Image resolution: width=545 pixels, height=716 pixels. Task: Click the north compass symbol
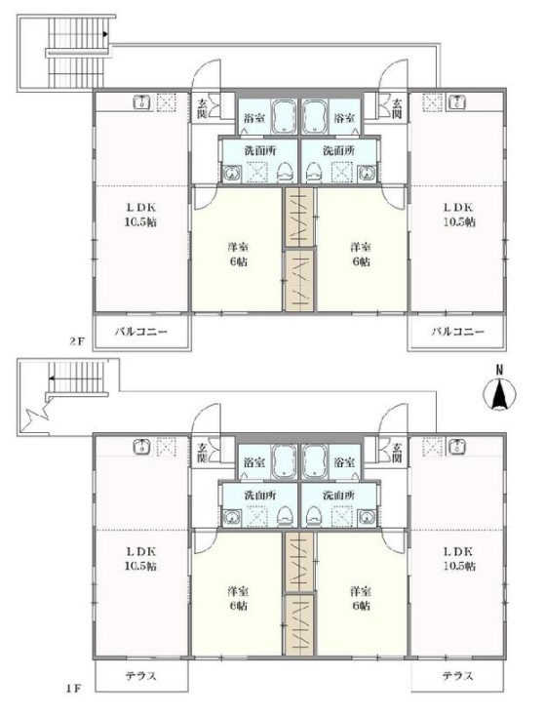(499, 389)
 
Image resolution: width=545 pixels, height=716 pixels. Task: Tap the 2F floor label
(77, 341)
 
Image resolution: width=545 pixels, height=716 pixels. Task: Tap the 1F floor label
(74, 689)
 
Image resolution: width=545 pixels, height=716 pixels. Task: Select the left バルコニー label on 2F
(140, 331)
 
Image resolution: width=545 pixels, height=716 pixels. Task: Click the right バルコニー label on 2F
(458, 331)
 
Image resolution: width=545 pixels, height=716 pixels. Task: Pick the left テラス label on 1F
(141, 676)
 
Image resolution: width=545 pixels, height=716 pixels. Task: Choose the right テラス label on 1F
(458, 676)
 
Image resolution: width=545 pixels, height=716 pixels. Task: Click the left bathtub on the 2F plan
(285, 116)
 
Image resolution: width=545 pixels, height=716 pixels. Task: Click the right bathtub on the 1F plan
(315, 461)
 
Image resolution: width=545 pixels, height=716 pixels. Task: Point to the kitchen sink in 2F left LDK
(142, 102)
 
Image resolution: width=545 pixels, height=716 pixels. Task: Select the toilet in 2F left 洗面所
(285, 172)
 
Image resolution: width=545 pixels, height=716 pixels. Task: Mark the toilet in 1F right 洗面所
(315, 516)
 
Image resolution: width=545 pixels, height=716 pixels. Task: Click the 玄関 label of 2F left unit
(201, 109)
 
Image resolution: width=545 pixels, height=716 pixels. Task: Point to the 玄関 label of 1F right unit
(397, 453)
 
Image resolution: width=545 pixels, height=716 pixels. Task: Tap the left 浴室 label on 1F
(254, 462)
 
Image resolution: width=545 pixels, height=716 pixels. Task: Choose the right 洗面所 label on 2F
(338, 150)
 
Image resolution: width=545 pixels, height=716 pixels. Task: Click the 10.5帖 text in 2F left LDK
(141, 222)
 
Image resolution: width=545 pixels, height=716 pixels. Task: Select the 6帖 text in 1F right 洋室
(361, 606)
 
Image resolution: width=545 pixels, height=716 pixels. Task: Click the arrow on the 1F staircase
(74, 378)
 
